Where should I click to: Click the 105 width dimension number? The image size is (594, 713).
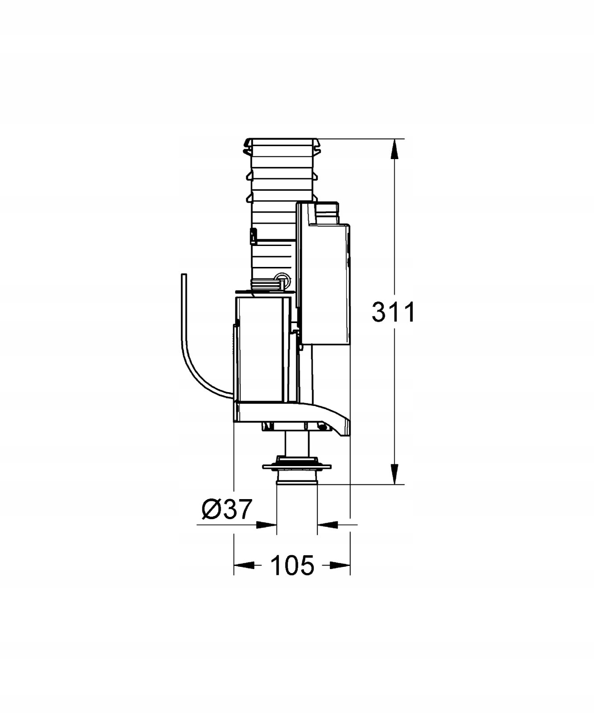[x=292, y=565]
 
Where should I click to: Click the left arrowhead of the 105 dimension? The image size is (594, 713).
[x=244, y=565]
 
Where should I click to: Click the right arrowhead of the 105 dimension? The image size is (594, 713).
[x=340, y=565]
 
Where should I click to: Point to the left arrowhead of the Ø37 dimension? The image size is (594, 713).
[x=267, y=525]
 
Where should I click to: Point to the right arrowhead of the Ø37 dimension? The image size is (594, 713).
[x=327, y=525]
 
